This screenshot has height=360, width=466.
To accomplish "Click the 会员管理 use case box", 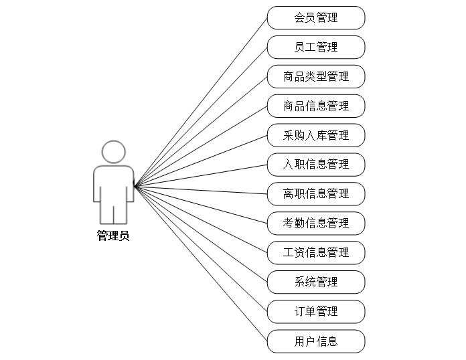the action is (316, 17).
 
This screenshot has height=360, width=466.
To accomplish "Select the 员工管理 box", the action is (316, 47).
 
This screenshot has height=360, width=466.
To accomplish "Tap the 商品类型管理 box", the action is (316, 76).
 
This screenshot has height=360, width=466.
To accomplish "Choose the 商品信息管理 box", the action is (316, 106).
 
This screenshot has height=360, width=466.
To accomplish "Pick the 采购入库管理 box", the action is (316, 135).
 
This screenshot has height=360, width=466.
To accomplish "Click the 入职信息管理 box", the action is (316, 165).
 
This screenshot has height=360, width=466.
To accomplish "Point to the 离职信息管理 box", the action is (316, 194).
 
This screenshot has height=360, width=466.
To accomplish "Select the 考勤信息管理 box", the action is (316, 223).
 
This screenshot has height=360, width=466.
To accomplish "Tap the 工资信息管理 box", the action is (316, 252).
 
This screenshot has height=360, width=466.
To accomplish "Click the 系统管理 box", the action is (316, 282).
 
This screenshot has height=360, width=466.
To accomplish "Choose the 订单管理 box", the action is (316, 311).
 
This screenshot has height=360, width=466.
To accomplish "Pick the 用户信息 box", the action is (316, 341).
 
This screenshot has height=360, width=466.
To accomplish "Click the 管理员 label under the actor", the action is (113, 236).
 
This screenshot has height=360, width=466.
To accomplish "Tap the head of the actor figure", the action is (113, 152).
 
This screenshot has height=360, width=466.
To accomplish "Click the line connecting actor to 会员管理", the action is (201, 102).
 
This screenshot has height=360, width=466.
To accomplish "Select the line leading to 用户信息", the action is (201, 264).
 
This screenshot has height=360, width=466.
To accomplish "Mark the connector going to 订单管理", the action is (201, 249).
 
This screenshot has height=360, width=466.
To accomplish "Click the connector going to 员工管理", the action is (201, 116).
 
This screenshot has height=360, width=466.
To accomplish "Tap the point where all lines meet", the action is (135, 187).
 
